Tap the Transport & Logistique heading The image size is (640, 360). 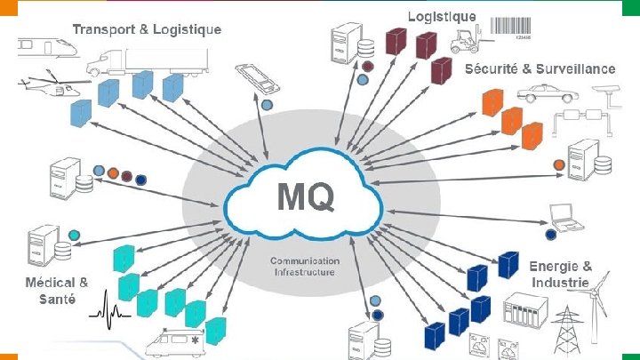[147, 29]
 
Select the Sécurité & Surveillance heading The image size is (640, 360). [540, 68]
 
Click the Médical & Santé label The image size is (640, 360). [56, 291]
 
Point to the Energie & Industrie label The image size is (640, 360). [560, 274]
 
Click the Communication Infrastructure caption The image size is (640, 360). [305, 266]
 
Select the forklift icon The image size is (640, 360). [467, 40]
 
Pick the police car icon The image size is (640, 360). [539, 92]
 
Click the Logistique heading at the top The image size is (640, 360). [442, 17]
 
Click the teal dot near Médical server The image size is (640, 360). [74, 235]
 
